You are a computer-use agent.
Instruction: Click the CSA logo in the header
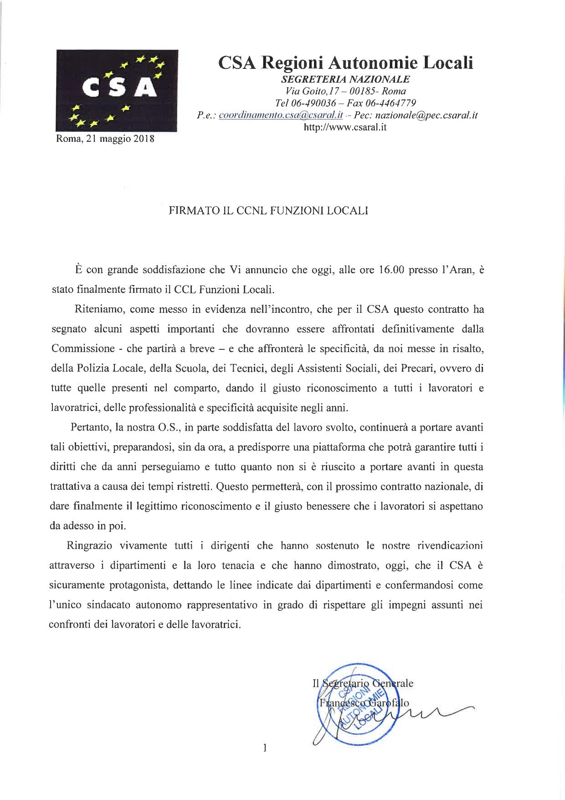coord(117,91)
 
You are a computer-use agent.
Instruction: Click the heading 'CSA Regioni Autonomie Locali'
coord(346,62)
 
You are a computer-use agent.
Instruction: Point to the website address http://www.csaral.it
coord(345,127)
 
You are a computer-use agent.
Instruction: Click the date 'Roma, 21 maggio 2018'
coord(105,139)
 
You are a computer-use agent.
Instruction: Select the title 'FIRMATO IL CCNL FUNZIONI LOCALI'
coord(268,211)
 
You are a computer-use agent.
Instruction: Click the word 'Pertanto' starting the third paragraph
coord(90,427)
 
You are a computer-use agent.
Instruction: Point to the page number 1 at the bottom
coord(265,748)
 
